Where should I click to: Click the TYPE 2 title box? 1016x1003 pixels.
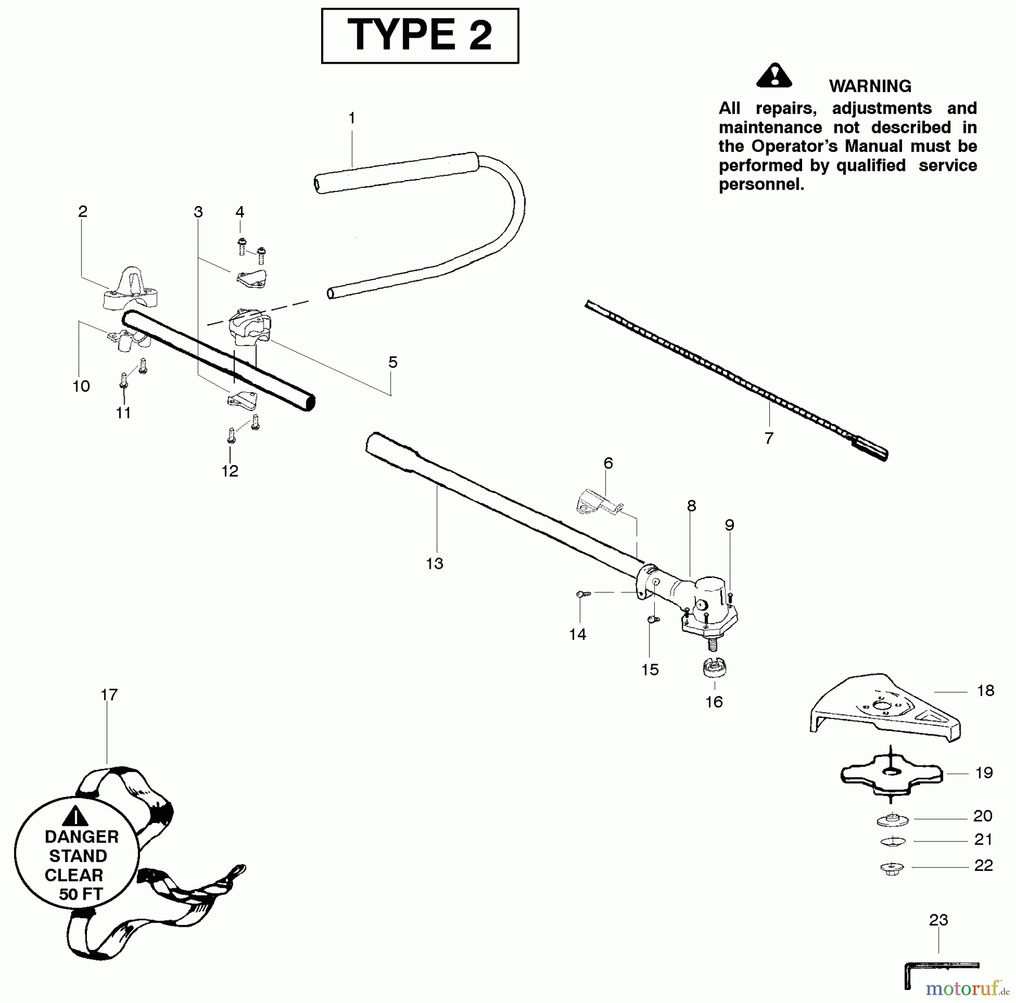pyautogui.click(x=419, y=35)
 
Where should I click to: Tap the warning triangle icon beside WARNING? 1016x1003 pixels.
pyautogui.click(x=774, y=76)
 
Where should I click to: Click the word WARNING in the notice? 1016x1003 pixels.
pyautogui.click(x=869, y=86)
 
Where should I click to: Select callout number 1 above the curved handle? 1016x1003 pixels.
pyautogui.click(x=352, y=118)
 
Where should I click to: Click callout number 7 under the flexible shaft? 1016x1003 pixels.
pyautogui.click(x=768, y=438)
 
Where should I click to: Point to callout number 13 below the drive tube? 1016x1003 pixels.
pyautogui.click(x=434, y=563)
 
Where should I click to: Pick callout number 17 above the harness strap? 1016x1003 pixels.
pyautogui.click(x=109, y=695)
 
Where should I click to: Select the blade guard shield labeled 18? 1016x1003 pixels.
pyautogui.click(x=885, y=708)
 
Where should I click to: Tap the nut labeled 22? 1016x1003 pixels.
pyautogui.click(x=892, y=868)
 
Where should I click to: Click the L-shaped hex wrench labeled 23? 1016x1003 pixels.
pyautogui.click(x=937, y=969)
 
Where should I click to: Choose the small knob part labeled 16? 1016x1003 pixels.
pyautogui.click(x=714, y=668)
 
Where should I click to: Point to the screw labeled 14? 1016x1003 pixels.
pyautogui.click(x=583, y=594)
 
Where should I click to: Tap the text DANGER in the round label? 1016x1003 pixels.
pyautogui.click(x=81, y=836)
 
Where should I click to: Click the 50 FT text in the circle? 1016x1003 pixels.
pyautogui.click(x=80, y=894)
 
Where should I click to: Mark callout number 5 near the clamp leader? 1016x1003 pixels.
pyautogui.click(x=393, y=362)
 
